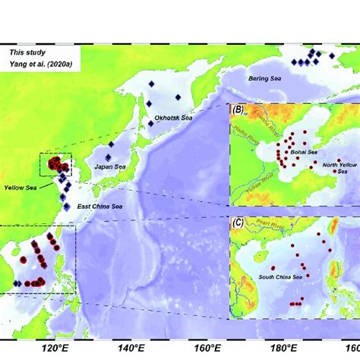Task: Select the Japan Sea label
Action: (x=109, y=166)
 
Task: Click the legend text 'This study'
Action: (x=27, y=52)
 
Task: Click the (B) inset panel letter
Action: (x=238, y=110)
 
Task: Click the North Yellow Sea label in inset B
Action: (x=336, y=168)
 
